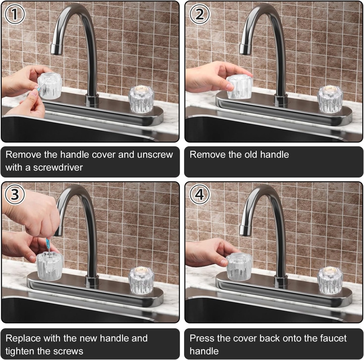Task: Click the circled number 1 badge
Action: tap(14, 14)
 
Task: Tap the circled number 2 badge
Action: tap(199, 14)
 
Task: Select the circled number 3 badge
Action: tap(14, 194)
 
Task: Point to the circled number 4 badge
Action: tap(199, 194)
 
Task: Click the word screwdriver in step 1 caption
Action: tap(58, 167)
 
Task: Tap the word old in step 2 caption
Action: tap(251, 154)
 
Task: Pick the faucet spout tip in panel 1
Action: tap(56, 49)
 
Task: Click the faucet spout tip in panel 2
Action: tap(245, 49)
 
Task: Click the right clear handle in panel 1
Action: tap(141, 100)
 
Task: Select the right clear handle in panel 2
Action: tap(330, 100)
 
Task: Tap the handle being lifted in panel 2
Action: tap(239, 87)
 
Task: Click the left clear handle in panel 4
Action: tap(239, 267)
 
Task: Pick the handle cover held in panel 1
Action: tap(50, 85)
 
